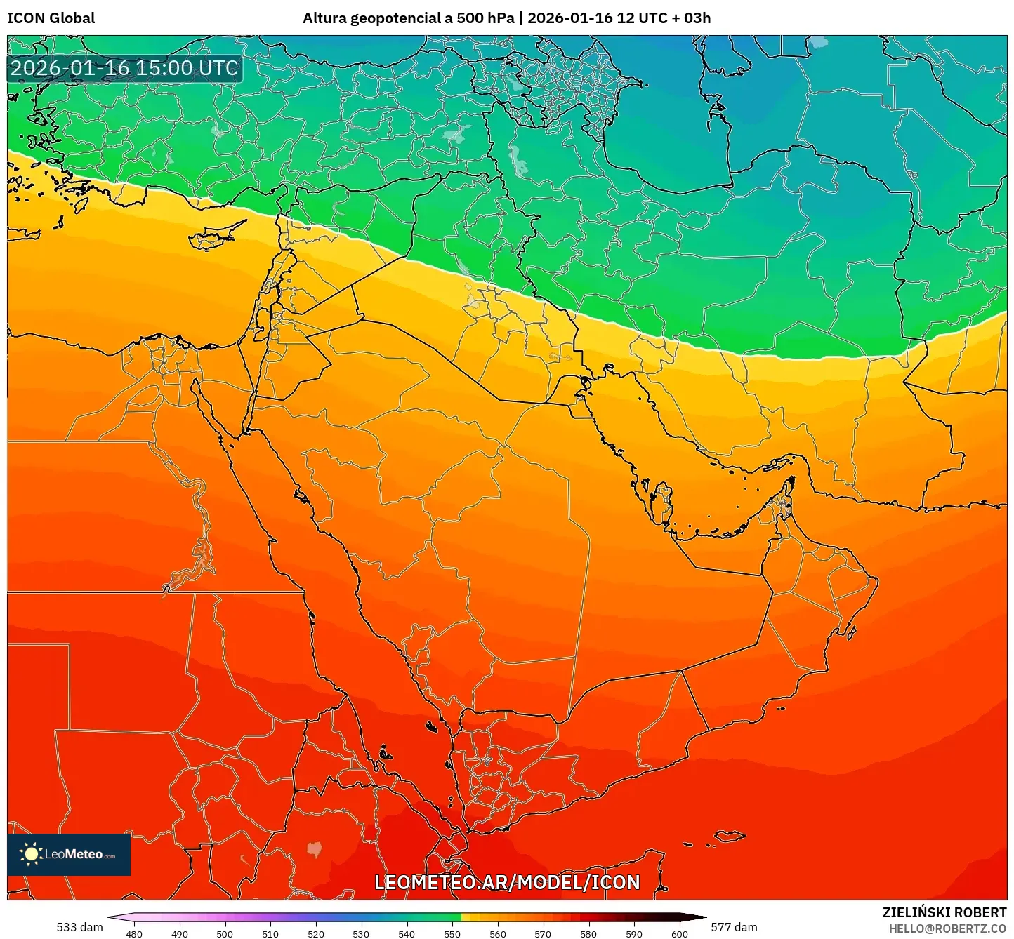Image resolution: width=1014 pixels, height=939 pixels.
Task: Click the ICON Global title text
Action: click(51, 18)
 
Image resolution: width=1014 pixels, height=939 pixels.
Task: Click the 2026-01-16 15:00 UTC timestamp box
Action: click(124, 68)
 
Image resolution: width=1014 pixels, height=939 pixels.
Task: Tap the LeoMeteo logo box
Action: click(69, 854)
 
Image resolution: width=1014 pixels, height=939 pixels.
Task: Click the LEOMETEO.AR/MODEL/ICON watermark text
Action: click(507, 882)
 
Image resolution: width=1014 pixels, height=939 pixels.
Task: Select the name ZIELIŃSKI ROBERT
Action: click(944, 912)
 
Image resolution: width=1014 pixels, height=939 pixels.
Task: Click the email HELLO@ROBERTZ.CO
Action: click(947, 928)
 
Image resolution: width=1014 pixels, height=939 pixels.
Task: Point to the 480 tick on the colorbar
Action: click(134, 933)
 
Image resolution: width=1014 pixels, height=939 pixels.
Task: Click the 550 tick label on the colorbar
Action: click(452, 933)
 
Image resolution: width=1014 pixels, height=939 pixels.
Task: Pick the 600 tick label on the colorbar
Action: click(680, 933)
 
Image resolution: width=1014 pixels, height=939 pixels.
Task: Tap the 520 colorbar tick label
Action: click(316, 933)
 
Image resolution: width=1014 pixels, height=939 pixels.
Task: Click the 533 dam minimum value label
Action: click(79, 927)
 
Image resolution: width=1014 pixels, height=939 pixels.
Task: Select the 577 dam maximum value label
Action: click(734, 927)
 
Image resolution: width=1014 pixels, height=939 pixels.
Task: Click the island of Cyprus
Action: click(218, 234)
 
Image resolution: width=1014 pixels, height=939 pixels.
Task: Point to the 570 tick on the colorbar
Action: click(543, 933)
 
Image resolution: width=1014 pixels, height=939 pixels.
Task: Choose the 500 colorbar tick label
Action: click(225, 933)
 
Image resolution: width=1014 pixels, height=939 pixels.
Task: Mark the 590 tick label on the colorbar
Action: click(634, 933)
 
